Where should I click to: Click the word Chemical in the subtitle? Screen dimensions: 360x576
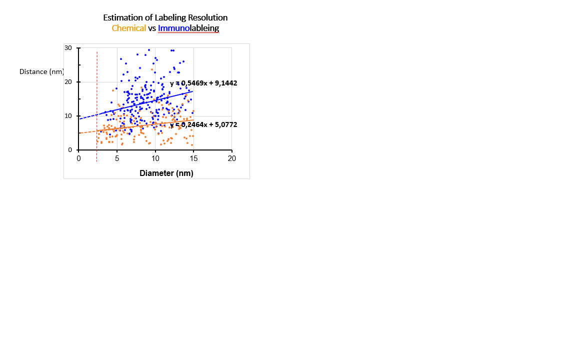click(x=128, y=28)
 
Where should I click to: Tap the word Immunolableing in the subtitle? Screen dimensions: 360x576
click(x=188, y=28)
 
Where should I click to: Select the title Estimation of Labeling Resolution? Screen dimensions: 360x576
click(x=165, y=17)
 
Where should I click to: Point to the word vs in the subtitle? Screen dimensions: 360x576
click(x=152, y=28)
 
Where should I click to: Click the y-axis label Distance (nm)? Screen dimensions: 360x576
click(x=41, y=71)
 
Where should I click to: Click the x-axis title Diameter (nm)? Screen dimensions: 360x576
click(x=166, y=173)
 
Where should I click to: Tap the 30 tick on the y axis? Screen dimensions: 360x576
click(x=68, y=48)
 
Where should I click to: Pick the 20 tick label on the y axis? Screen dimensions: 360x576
click(x=68, y=82)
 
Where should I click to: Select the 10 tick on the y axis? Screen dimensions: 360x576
click(x=68, y=116)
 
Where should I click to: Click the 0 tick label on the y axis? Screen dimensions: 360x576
click(x=70, y=150)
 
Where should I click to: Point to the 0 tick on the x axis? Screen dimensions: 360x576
click(x=78, y=158)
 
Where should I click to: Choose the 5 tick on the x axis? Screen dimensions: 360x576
click(x=117, y=158)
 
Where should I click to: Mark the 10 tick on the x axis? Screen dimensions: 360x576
click(x=155, y=158)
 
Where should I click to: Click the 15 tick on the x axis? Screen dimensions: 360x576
click(x=193, y=158)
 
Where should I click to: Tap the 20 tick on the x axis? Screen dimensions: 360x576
click(x=232, y=158)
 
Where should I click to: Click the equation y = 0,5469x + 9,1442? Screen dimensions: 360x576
click(x=203, y=83)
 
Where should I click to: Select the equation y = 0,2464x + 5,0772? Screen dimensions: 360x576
click(x=203, y=124)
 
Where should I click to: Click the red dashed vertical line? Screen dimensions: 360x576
click(x=97, y=100)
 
